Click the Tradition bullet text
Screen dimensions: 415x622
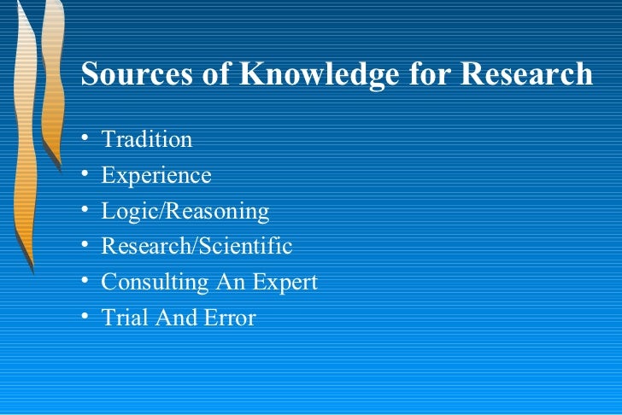(x=147, y=139)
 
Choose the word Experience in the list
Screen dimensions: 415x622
(x=156, y=175)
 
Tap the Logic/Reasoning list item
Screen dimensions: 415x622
(x=185, y=211)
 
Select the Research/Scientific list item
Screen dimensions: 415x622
(x=197, y=247)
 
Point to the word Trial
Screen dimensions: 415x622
(x=123, y=319)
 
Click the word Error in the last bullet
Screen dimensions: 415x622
(x=228, y=319)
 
